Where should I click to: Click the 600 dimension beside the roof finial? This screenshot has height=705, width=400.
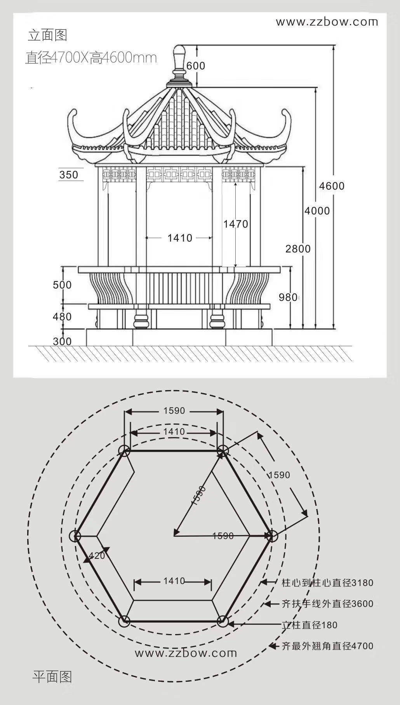click(x=196, y=66)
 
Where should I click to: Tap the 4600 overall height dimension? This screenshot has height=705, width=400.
click(x=332, y=186)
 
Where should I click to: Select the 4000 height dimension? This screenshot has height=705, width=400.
click(x=317, y=211)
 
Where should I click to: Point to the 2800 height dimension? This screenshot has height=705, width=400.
click(x=298, y=249)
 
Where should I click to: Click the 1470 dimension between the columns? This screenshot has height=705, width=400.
click(x=235, y=224)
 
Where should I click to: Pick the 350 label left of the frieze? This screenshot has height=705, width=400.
click(x=69, y=175)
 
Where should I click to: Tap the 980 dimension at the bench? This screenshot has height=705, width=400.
click(x=288, y=297)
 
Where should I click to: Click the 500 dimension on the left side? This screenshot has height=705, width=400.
click(x=62, y=285)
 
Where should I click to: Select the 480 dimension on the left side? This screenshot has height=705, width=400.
click(x=62, y=317)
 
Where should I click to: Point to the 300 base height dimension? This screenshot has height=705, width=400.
click(x=62, y=341)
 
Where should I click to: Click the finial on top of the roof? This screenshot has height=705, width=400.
click(x=179, y=62)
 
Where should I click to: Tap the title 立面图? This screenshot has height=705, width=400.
click(x=47, y=35)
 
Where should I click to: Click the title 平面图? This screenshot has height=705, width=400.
click(x=52, y=677)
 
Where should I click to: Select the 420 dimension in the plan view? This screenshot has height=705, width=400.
click(x=97, y=556)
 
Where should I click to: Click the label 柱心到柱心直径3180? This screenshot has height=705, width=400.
click(x=327, y=582)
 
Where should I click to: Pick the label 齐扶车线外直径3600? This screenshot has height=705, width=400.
click(x=327, y=604)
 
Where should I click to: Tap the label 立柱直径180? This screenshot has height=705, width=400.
click(x=309, y=625)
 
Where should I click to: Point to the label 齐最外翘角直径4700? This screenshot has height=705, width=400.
click(x=327, y=646)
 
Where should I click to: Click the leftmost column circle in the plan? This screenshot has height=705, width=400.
click(x=75, y=536)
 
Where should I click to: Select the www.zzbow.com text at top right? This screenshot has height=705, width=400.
click(x=327, y=22)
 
